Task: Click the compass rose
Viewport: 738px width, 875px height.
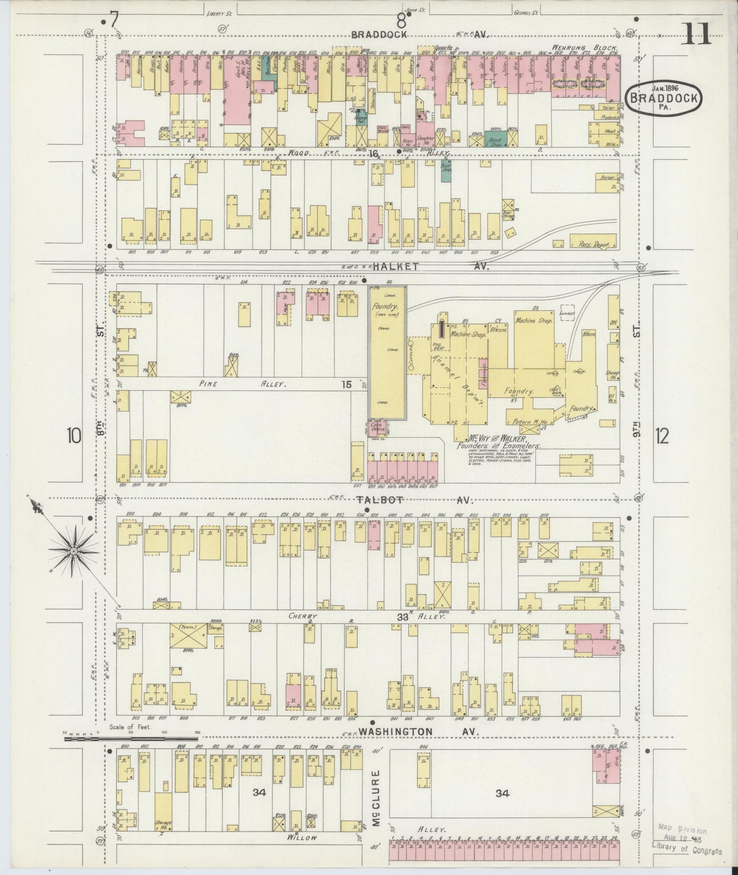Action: pos(73,551)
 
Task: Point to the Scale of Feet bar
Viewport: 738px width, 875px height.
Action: pos(131,738)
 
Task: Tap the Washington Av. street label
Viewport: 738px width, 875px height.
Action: pos(395,732)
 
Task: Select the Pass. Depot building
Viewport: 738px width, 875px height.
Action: pos(592,244)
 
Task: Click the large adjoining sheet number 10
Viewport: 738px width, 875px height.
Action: pos(74,436)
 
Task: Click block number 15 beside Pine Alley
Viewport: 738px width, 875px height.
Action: pos(346,384)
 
